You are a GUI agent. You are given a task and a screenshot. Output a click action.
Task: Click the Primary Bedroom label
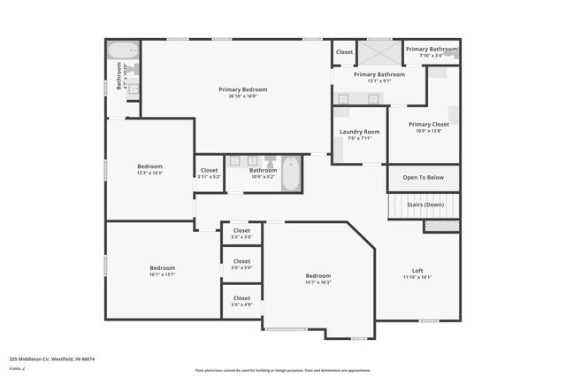click(x=242, y=90)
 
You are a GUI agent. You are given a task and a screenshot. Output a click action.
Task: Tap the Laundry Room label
click(x=359, y=132)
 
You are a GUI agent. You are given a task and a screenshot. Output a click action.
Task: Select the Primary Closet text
click(x=429, y=125)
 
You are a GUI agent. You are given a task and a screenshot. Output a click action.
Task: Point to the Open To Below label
click(x=424, y=178)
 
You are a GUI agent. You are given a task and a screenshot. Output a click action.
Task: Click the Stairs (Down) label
click(x=425, y=204)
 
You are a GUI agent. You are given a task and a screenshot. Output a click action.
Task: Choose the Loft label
click(x=417, y=271)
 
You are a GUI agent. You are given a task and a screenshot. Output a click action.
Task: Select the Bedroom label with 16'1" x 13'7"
click(x=162, y=268)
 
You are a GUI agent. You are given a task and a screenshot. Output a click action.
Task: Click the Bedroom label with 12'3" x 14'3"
click(x=149, y=166)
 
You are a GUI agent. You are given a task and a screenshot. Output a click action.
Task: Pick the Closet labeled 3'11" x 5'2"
click(x=209, y=171)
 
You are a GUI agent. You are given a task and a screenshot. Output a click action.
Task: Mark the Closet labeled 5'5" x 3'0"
click(x=241, y=231)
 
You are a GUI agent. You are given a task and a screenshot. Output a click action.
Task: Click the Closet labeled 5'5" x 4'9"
click(x=241, y=299)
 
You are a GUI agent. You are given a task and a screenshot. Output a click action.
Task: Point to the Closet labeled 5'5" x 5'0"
click(x=241, y=262)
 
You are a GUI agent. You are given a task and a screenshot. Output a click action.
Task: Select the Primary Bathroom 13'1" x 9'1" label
click(x=379, y=75)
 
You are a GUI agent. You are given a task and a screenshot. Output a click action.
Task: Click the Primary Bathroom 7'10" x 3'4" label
click(x=432, y=50)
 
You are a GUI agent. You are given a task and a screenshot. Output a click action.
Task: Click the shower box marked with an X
click(x=379, y=51)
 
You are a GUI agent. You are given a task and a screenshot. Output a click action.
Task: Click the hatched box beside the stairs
click(x=441, y=227)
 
